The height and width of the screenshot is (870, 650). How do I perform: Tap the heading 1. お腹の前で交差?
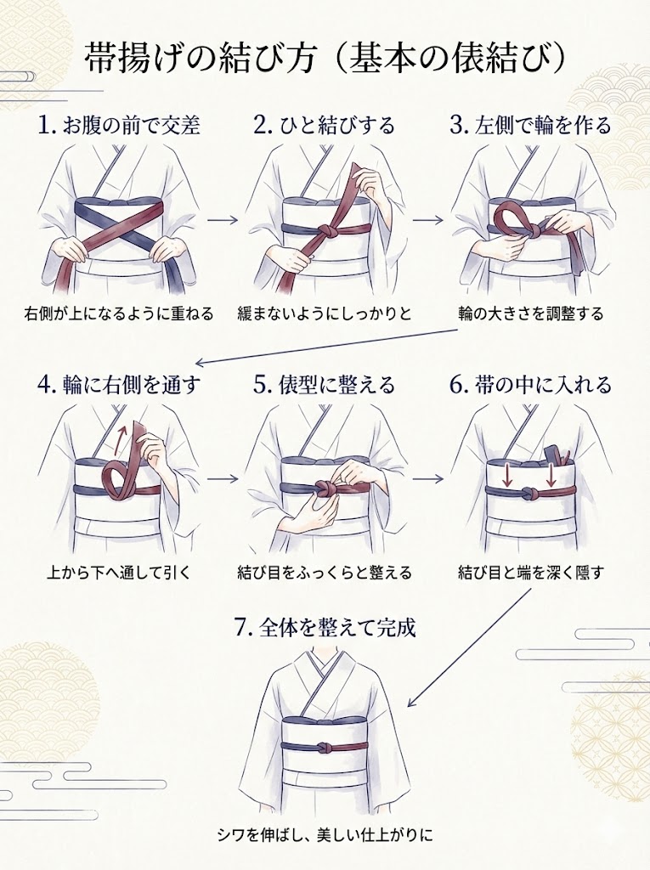tap(119, 126)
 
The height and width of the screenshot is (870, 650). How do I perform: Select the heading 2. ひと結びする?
tap(325, 126)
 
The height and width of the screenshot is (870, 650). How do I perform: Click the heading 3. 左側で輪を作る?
tap(530, 126)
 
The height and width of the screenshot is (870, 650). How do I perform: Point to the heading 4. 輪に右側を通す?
tap(119, 385)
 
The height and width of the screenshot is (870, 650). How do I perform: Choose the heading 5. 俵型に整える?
tap(325, 385)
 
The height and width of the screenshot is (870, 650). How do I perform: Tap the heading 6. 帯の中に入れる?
tap(530, 385)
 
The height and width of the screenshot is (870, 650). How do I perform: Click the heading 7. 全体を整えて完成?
tap(325, 630)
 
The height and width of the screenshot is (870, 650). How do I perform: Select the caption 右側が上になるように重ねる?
tap(119, 314)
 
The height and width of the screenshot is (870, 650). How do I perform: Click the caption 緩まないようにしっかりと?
tap(325, 314)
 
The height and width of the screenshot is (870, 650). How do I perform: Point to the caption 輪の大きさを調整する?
tap(530, 314)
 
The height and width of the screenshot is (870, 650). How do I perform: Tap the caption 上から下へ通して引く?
tap(119, 573)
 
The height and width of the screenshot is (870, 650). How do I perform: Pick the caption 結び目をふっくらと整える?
tap(325, 573)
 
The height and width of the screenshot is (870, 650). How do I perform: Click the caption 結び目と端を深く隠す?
tap(530, 573)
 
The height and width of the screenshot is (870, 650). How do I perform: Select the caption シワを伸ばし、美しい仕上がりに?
tap(325, 833)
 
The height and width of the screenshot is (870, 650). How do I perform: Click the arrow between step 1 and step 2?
tap(222, 219)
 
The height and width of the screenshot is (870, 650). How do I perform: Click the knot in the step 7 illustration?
tap(326, 749)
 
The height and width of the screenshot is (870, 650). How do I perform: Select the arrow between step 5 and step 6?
tap(427, 478)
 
